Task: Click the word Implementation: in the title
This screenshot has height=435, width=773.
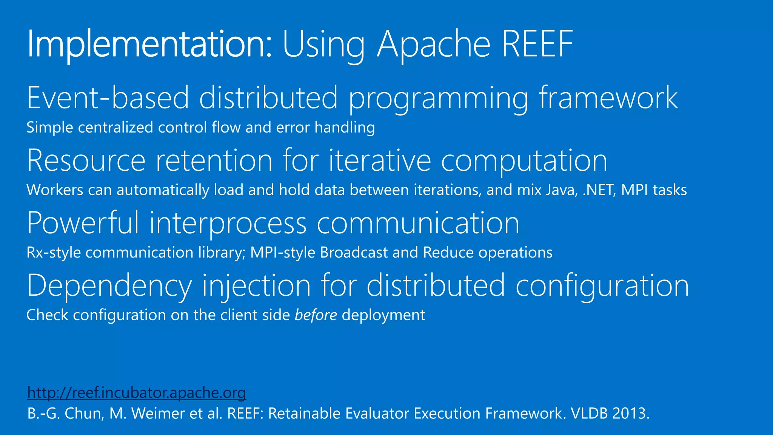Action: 149,45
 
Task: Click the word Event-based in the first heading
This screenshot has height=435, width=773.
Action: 108,98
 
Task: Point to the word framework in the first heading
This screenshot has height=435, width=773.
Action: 608,98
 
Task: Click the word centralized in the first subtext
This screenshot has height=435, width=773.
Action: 115,127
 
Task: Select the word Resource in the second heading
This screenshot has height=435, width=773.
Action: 86,160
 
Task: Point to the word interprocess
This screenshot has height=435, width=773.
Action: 228,223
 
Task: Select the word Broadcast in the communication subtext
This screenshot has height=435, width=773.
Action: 354,253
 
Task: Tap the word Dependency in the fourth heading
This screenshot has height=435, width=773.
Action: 109,286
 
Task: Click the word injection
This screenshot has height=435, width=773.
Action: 257,286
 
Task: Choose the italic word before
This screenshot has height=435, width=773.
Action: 316,315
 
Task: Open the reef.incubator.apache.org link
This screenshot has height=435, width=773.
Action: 137,393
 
